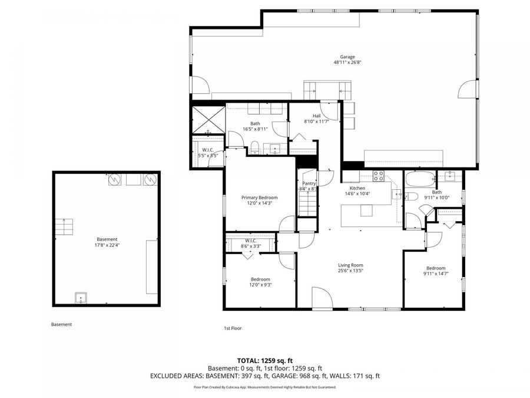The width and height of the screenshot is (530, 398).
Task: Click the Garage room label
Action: (347, 57)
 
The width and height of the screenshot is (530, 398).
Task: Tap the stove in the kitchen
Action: (379, 176)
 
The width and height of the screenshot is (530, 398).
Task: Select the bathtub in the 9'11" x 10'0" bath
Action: (420, 178)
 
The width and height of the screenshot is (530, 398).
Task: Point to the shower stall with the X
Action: (207, 119)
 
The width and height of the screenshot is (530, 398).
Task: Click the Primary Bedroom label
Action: (259, 198)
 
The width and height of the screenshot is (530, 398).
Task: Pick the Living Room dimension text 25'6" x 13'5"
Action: (350, 272)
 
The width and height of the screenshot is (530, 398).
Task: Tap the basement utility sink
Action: (81, 298)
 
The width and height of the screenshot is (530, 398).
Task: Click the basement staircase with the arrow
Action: (63, 227)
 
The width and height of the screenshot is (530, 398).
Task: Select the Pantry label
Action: (309, 183)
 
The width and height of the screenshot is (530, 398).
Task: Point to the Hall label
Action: (316, 116)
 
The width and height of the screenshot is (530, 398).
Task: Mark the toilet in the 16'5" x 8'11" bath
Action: (254, 147)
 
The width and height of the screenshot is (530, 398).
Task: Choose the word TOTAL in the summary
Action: (248, 360)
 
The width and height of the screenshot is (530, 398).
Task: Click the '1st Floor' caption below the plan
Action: (232, 328)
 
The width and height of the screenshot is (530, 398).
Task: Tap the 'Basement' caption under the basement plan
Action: (61, 324)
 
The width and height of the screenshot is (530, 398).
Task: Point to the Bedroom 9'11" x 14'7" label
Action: (436, 271)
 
